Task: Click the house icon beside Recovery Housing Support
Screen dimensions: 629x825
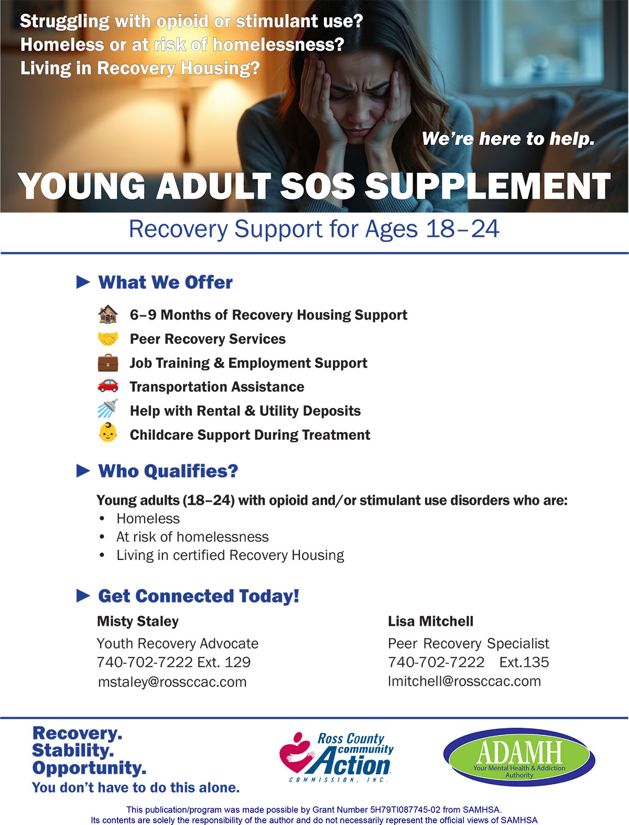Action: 108,314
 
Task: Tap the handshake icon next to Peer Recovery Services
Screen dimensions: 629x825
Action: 108,338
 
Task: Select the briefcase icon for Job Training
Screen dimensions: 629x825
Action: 108,362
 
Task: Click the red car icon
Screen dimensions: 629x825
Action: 108,386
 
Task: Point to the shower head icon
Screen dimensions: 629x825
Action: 108,408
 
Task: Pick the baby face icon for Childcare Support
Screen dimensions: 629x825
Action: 108,432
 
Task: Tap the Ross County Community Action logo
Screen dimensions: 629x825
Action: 336,757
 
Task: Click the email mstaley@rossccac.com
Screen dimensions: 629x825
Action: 172,682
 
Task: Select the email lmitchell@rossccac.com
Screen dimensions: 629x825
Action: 464,681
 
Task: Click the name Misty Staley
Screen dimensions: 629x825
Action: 138,622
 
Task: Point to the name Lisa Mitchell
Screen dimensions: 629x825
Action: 430,621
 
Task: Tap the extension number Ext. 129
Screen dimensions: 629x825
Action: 224,662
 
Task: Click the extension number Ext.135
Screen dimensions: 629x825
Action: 524,662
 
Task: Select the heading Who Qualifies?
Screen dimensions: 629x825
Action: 168,471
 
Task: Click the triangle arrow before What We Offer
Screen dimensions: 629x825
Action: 83,282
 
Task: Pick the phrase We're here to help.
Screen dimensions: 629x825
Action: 508,139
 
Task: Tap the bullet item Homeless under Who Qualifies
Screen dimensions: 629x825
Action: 148,519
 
